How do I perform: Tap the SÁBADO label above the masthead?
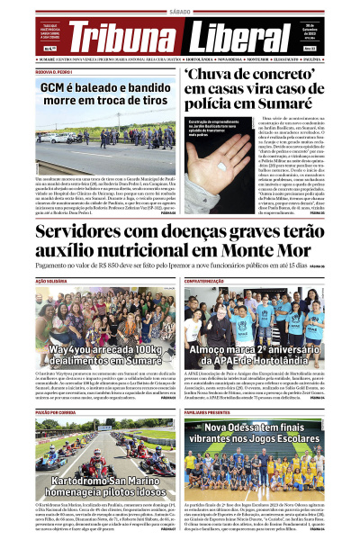tap(179, 12)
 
